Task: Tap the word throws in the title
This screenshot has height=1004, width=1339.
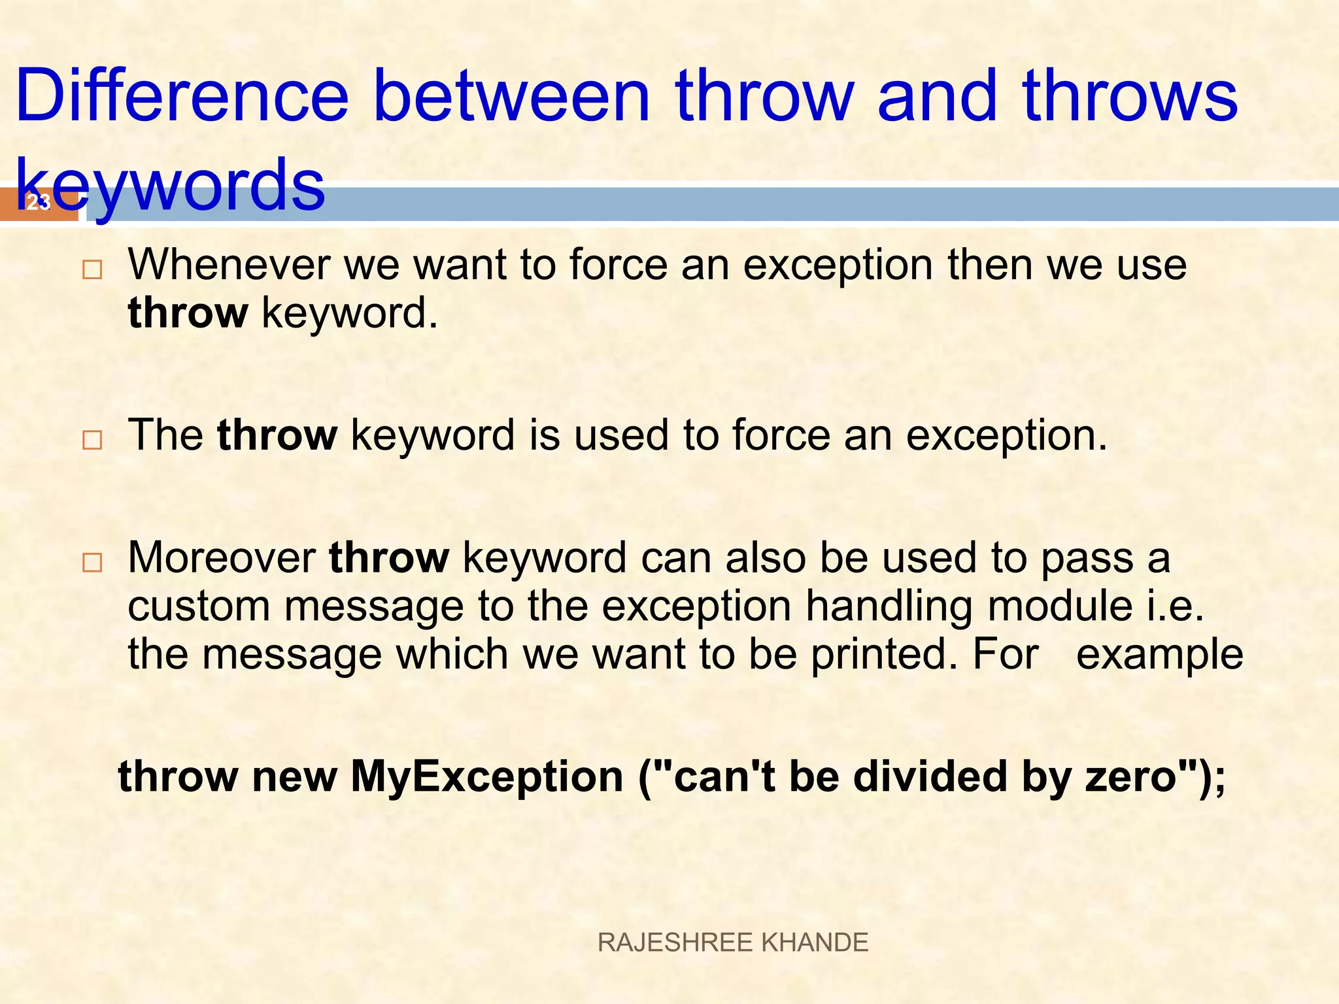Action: click(1130, 97)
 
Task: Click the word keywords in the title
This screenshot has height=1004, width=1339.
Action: click(170, 186)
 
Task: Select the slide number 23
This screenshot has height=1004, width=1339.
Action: click(38, 203)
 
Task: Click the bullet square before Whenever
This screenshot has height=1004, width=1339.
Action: click(92, 270)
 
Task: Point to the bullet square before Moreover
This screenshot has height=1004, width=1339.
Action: click(92, 562)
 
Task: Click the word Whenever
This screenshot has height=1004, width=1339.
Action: click(229, 265)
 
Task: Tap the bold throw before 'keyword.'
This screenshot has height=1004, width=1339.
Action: click(188, 313)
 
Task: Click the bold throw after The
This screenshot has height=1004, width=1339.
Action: click(277, 435)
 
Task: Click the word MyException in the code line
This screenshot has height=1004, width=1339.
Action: click(486, 777)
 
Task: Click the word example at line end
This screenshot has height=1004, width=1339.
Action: click(1159, 654)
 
